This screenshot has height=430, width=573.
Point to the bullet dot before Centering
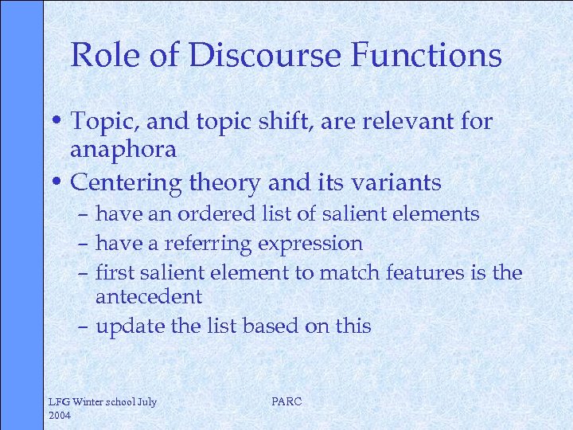[x=60, y=182]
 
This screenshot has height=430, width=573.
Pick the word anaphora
[x=123, y=150]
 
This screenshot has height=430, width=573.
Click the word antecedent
[x=149, y=297]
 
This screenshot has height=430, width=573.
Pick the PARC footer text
[x=286, y=401]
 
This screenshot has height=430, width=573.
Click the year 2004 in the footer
[x=60, y=415]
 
